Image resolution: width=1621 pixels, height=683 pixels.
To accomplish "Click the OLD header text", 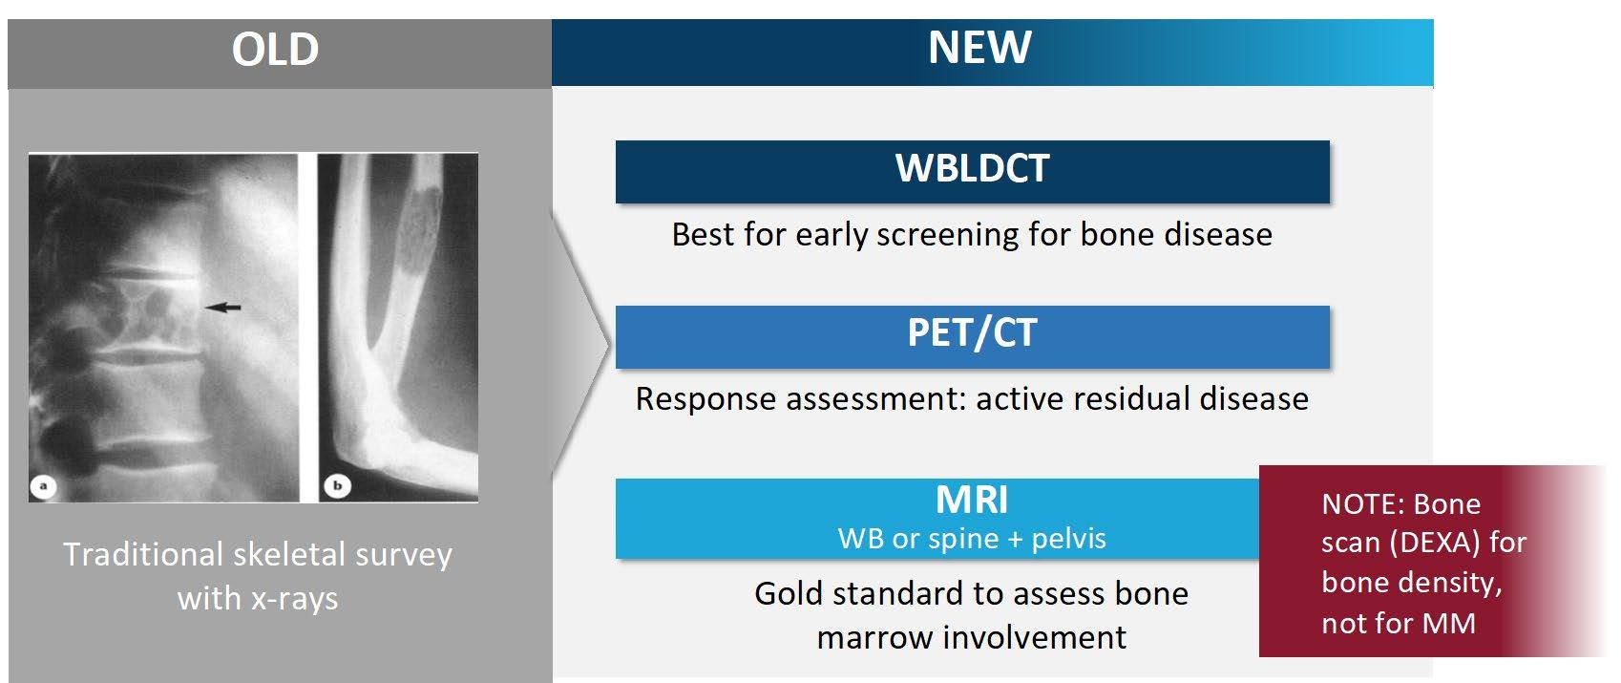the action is [275, 50].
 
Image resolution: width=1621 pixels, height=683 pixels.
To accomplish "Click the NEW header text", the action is [979, 48].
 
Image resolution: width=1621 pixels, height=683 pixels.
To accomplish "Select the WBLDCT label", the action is [972, 169].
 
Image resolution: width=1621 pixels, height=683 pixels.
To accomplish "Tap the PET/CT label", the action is [972, 332].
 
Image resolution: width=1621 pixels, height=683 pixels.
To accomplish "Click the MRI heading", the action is [971, 500].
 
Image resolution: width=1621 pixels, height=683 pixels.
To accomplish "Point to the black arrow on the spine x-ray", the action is [222, 308].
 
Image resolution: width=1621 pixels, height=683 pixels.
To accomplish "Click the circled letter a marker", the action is [43, 485].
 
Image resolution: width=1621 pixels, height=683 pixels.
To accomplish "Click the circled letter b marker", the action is [337, 485].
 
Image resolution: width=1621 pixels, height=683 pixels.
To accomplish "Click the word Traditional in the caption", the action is [143, 555].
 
